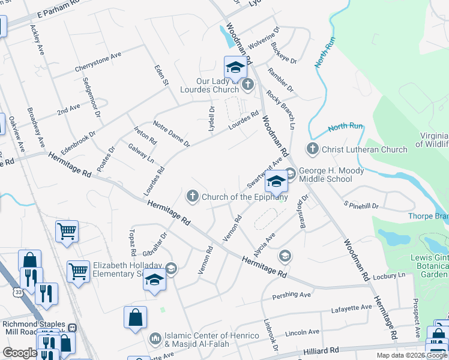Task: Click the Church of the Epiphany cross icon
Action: click(x=193, y=196)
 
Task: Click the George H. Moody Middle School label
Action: click(x=325, y=175)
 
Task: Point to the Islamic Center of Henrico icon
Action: click(x=155, y=339)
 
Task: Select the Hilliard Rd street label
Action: click(x=322, y=350)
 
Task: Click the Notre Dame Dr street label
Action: click(x=171, y=134)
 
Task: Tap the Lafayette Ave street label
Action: click(x=352, y=308)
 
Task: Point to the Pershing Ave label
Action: click(x=292, y=295)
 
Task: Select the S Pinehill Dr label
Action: click(x=361, y=205)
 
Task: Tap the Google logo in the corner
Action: click(x=19, y=353)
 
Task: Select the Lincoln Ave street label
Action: click(x=303, y=332)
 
